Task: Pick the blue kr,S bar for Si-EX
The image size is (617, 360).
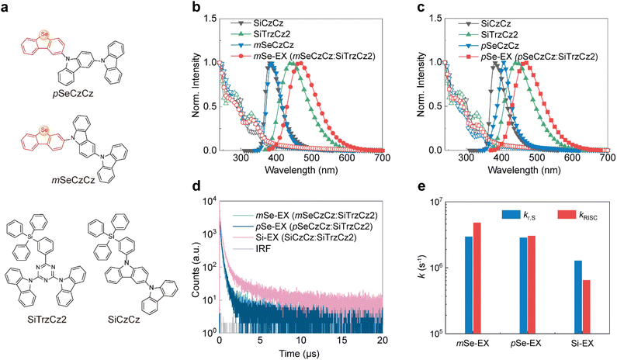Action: [571, 296]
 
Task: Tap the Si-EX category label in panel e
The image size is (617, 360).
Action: [576, 341]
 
